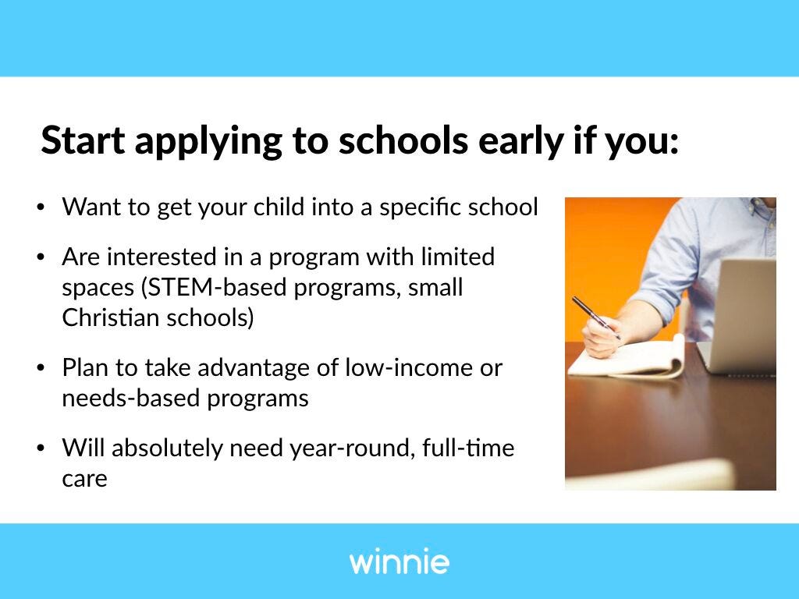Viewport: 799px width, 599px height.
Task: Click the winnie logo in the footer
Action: tap(399, 561)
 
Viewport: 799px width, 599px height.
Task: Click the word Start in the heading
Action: tap(83, 140)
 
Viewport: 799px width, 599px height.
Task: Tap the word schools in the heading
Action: tap(403, 140)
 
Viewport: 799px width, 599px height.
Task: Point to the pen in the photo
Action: tap(595, 317)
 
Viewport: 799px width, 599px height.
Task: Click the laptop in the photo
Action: tap(739, 316)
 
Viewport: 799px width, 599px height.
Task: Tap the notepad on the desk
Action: tap(627, 359)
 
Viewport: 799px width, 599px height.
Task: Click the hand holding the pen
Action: tap(602, 336)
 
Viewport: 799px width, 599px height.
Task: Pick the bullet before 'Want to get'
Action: tap(41, 207)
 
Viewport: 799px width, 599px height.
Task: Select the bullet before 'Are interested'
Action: tap(41, 257)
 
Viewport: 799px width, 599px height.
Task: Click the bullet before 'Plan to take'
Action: tap(41, 368)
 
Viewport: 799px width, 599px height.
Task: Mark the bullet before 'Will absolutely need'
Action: tap(41, 448)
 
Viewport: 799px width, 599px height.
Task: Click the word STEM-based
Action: tap(214, 287)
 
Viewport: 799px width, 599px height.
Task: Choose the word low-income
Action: tap(409, 367)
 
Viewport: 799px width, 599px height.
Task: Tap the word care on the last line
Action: tap(84, 479)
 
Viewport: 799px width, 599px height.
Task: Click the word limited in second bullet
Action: tap(457, 256)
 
